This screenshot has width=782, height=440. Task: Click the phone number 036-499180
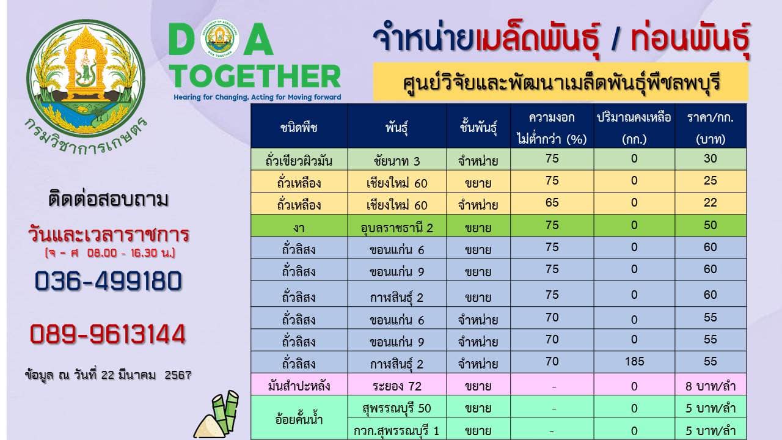[x=108, y=281]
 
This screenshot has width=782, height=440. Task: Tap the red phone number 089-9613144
[x=108, y=334]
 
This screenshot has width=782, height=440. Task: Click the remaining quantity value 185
[x=634, y=361]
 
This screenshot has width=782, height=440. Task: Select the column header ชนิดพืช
[x=299, y=128]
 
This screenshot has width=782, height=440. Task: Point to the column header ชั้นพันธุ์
[x=478, y=127]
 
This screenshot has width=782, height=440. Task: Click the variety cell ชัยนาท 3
[x=397, y=161]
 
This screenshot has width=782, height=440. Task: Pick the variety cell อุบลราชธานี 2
[x=397, y=228]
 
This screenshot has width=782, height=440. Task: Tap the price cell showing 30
[x=711, y=158]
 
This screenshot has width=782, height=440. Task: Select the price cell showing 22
[x=711, y=202]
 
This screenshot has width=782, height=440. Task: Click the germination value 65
[x=552, y=202]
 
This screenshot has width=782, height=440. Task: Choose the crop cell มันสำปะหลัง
[x=299, y=386]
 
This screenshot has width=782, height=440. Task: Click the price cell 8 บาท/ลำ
[x=711, y=386]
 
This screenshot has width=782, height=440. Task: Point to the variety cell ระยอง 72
[x=397, y=386]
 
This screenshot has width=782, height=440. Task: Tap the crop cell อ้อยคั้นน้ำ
[x=299, y=419]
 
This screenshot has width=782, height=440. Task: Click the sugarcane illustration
[x=217, y=414]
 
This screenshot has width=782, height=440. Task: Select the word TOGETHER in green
[x=255, y=76]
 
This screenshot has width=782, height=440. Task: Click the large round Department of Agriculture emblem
[x=86, y=78]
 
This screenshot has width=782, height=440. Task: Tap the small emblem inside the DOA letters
[x=220, y=38]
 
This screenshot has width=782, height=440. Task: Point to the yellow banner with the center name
[x=561, y=82]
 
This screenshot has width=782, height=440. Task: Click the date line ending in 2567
[x=108, y=375]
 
